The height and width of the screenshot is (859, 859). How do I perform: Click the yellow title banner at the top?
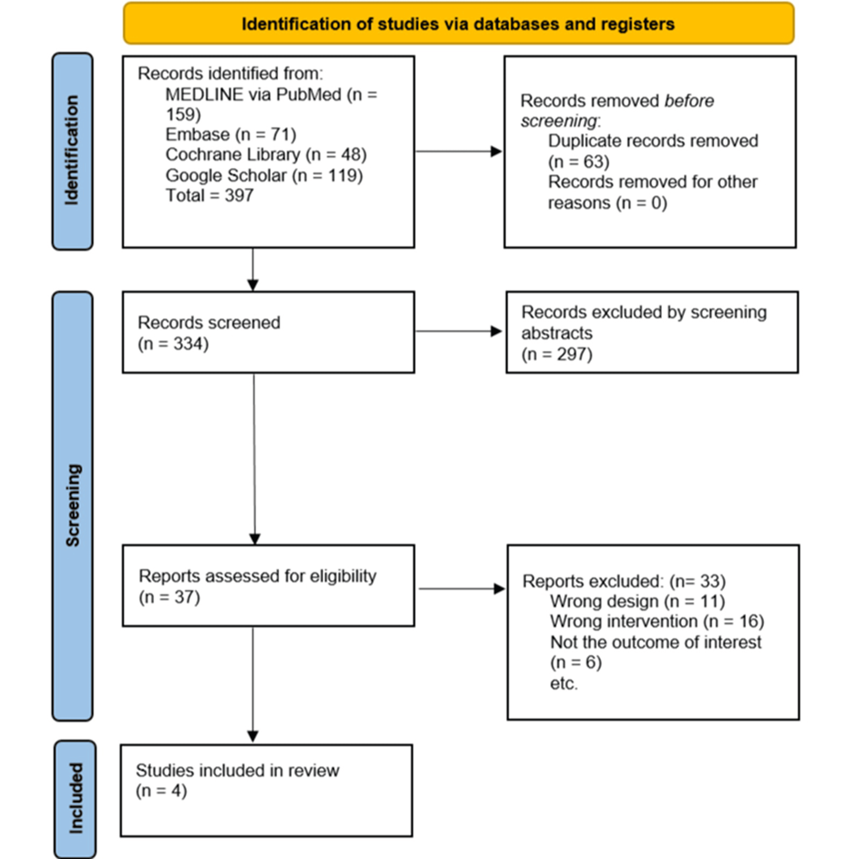(x=458, y=23)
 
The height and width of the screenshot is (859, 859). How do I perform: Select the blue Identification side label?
(x=72, y=151)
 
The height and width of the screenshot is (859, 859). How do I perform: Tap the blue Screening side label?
(x=72, y=506)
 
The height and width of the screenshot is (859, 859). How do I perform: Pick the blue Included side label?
(x=75, y=799)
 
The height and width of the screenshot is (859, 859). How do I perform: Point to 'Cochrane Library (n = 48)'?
(x=266, y=155)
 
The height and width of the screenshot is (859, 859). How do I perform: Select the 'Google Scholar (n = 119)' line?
(x=264, y=176)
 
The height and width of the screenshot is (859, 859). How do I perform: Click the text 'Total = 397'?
(x=209, y=196)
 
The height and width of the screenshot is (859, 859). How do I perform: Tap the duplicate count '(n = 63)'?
(x=578, y=162)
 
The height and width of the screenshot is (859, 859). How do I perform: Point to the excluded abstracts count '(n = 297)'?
(x=557, y=354)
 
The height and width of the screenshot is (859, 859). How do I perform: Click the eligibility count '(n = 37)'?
(x=170, y=597)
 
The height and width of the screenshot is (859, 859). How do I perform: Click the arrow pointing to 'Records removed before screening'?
(x=458, y=151)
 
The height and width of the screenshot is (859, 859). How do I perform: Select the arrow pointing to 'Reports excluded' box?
(x=462, y=589)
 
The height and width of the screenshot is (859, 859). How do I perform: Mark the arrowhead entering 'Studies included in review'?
(x=253, y=736)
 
